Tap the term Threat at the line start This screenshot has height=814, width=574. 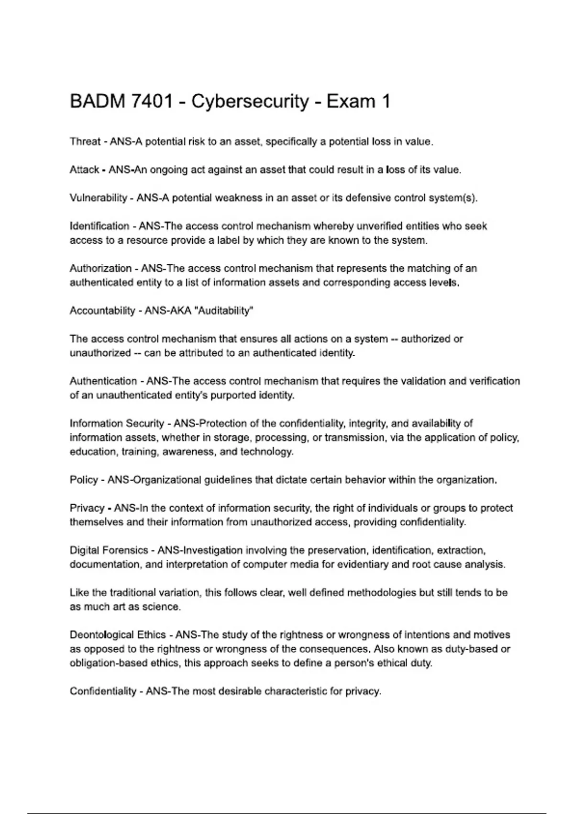click(85, 142)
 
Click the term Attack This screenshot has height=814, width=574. click(84, 170)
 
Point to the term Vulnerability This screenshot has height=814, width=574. click(98, 198)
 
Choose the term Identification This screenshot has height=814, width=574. click(99, 226)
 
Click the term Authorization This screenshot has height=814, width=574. click(100, 268)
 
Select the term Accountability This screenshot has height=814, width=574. click(102, 311)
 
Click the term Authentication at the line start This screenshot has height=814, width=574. click(103, 381)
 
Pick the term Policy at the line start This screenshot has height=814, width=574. click(84, 480)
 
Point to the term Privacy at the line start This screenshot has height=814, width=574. click(87, 508)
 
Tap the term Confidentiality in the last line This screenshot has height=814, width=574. click(103, 691)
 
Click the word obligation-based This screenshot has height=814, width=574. click(109, 664)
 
